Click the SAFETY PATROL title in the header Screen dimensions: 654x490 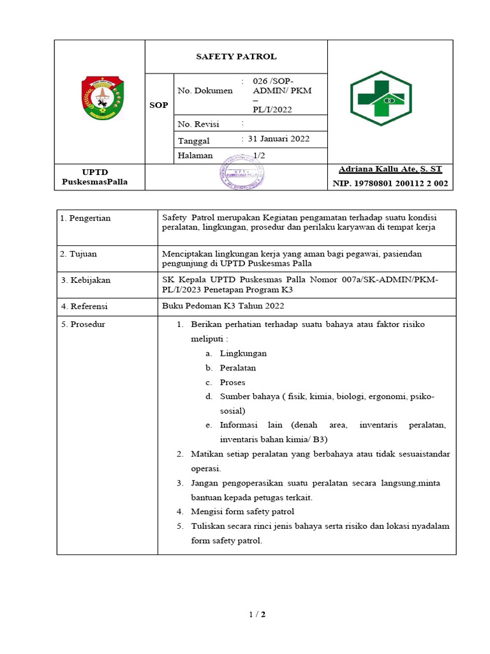pos(236,57)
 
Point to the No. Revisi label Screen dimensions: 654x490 pos(198,124)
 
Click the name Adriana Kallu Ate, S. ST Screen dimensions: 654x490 pos(390,169)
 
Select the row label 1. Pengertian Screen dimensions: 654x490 pos(85,218)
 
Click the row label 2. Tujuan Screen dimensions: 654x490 pos(78,254)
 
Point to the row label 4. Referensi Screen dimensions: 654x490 pos(84,307)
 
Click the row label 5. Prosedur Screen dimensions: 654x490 pos(83,324)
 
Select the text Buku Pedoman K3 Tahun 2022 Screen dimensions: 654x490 pos(223,306)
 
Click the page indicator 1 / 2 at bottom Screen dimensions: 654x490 pos(257,615)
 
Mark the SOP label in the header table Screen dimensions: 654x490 pos(159,105)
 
